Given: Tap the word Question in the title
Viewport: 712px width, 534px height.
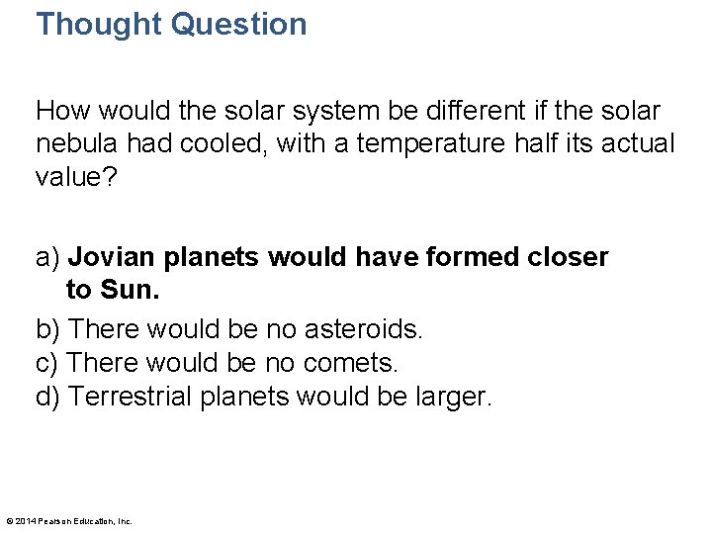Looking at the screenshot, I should (x=238, y=24).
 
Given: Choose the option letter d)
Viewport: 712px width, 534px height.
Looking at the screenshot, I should (x=48, y=398).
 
